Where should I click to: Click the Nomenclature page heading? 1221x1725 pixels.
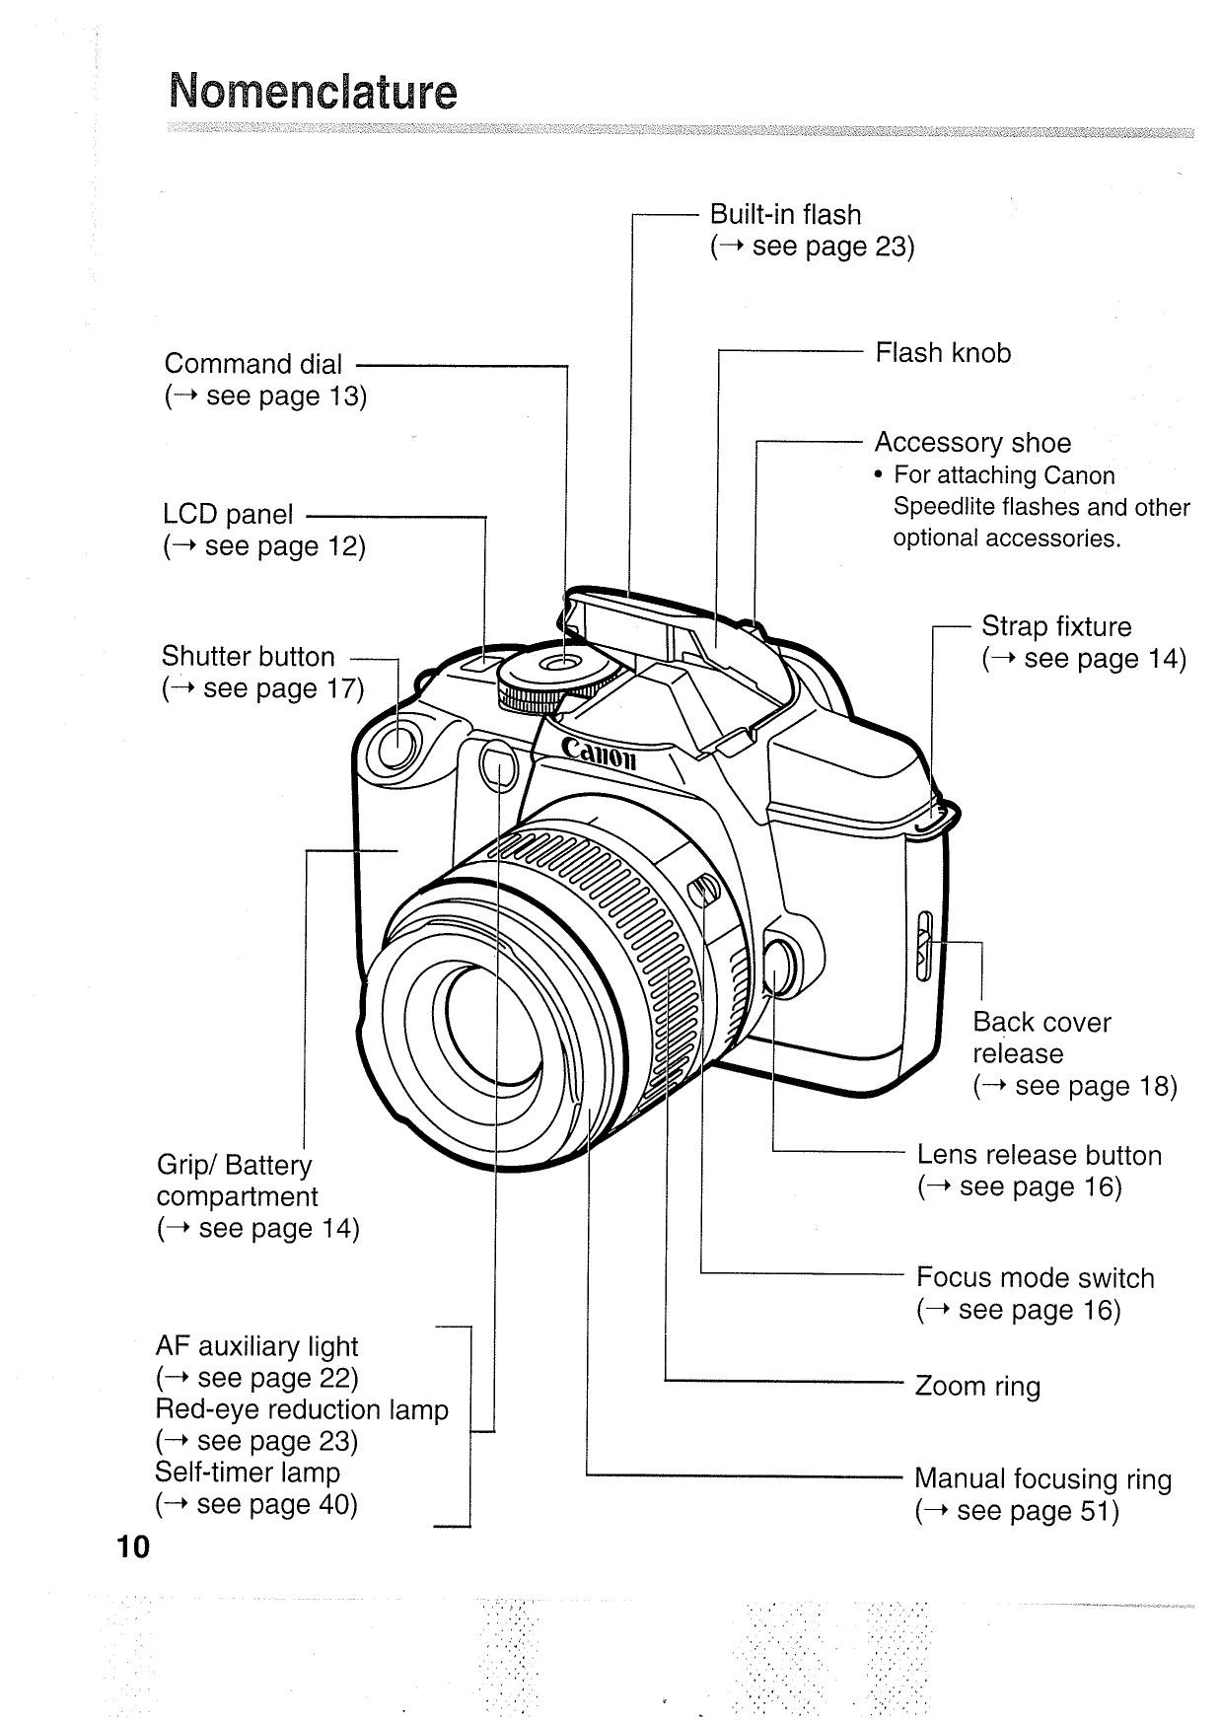313,92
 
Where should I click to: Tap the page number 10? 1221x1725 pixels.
132,1545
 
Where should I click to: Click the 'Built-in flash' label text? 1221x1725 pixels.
785,215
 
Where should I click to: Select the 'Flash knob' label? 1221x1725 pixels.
943,353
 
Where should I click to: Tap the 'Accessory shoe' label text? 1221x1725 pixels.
972,443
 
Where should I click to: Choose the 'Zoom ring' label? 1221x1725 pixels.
977,1387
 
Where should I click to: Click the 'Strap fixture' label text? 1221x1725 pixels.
1056,627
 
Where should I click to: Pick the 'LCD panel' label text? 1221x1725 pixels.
228,515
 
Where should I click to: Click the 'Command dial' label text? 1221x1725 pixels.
253,364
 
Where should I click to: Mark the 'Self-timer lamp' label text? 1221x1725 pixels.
248,1473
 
